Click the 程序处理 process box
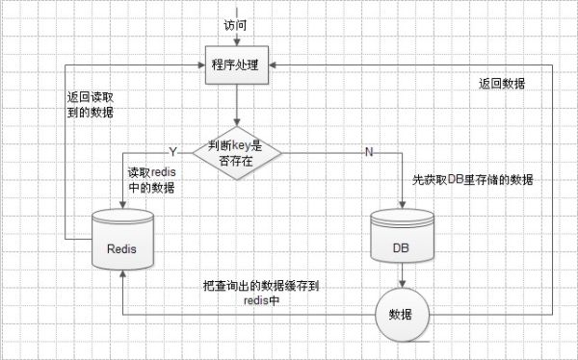(235, 63)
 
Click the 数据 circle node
(401, 315)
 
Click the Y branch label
(173, 152)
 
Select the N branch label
(368, 152)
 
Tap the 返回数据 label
(501, 84)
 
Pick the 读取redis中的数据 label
(151, 180)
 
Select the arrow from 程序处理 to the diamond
(235, 103)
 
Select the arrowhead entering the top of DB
(401, 205)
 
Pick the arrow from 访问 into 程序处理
(235, 34)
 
